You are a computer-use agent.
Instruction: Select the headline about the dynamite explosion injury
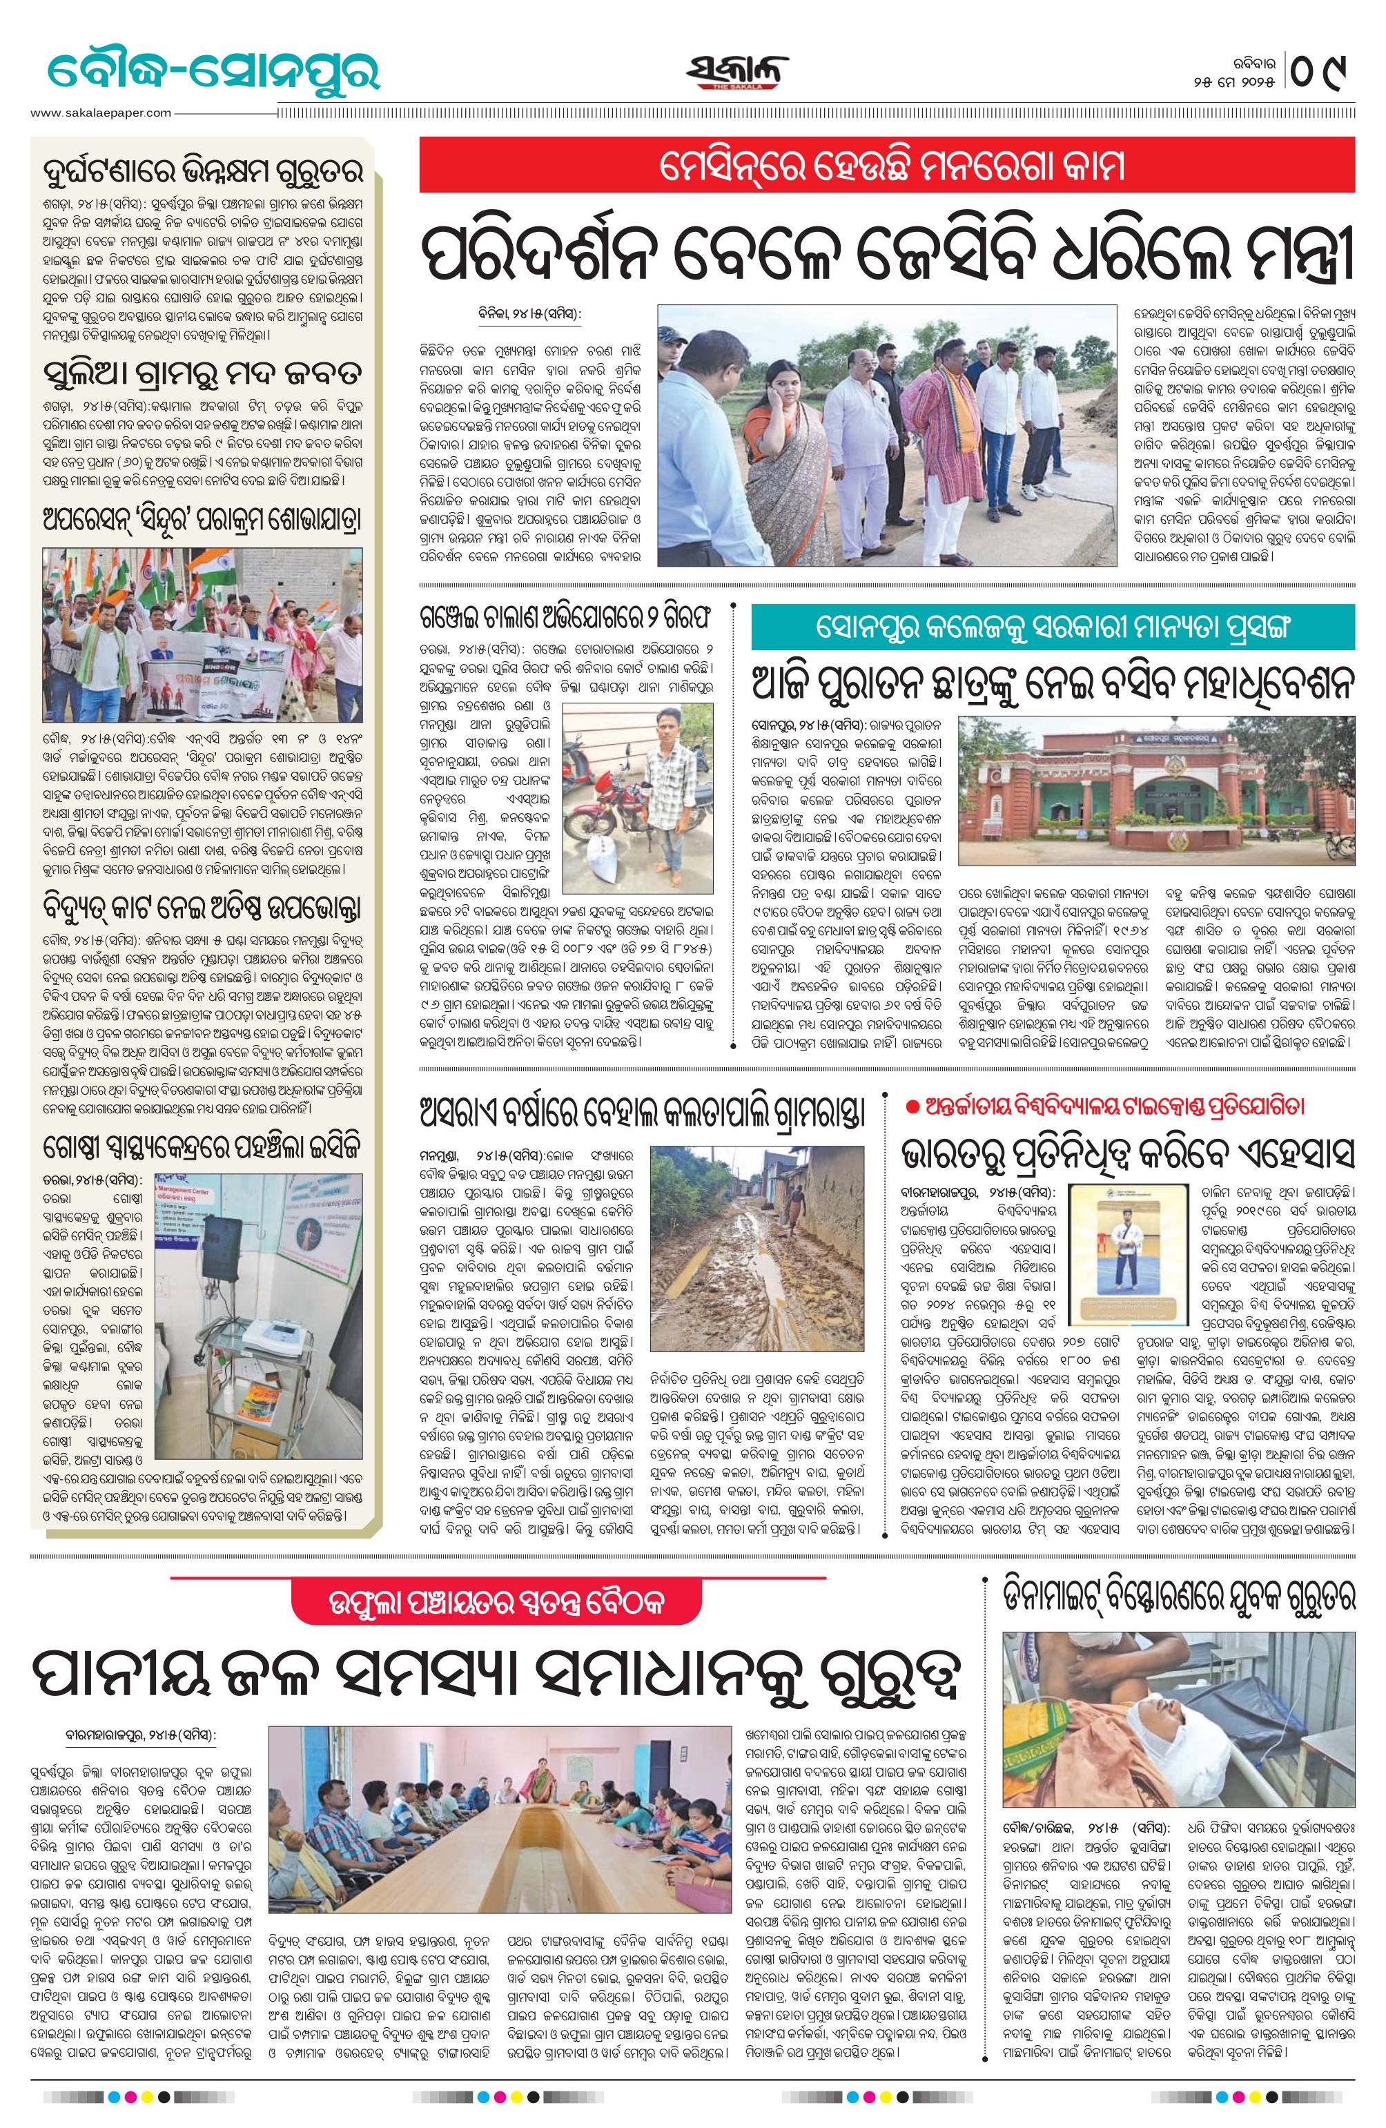point(1178,1593)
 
